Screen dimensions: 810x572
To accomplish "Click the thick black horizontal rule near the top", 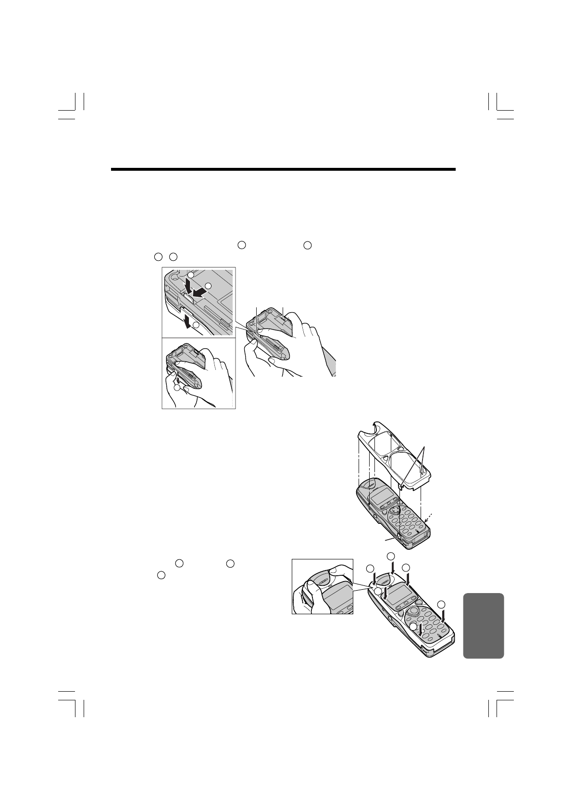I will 283,169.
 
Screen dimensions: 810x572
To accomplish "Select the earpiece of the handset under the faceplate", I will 370,484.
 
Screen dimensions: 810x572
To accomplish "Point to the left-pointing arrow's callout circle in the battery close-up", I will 208,286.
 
